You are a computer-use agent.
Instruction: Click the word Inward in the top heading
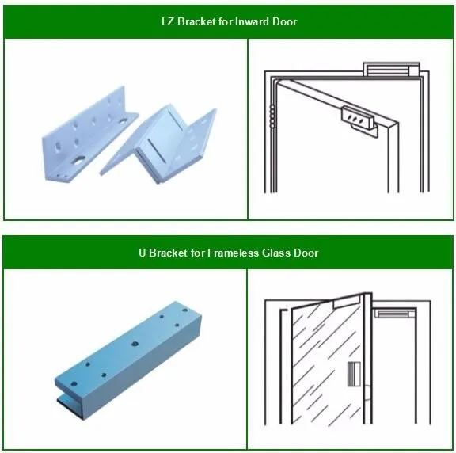253,21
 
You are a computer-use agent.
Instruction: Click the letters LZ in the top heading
168,21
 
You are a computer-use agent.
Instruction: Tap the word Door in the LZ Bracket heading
284,21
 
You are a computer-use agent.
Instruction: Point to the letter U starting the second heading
142,253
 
